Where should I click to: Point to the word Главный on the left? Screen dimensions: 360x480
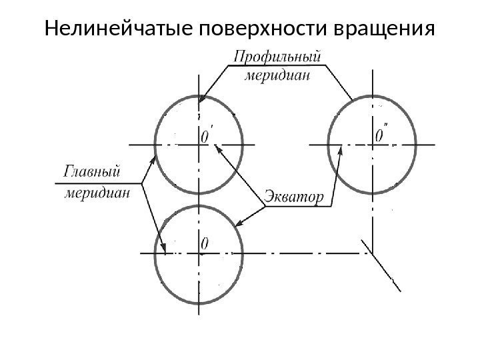coord(93,172)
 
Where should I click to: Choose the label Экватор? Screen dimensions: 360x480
coord(295,197)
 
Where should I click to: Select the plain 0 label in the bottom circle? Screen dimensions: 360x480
coord(205,245)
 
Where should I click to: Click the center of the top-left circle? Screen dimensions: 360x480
coord(199,143)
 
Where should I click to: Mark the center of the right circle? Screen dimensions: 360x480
coord(371,143)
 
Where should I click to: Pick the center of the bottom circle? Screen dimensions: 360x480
coord(199,253)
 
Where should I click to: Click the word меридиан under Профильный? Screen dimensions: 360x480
coord(279,75)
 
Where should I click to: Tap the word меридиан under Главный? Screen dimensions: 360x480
coord(97,194)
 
